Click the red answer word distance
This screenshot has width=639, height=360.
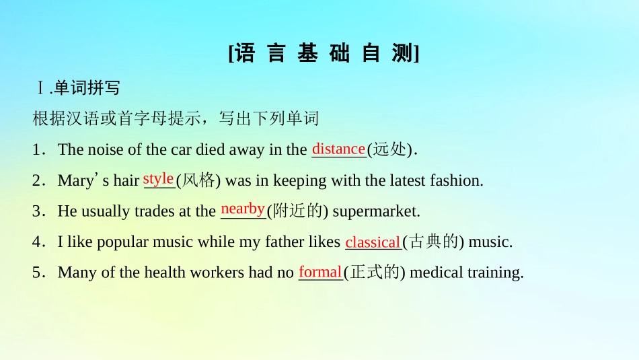pyautogui.click(x=338, y=148)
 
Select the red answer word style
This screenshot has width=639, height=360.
pyautogui.click(x=159, y=178)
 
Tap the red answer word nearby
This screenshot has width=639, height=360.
pyautogui.click(x=243, y=209)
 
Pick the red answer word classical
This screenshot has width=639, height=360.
pyautogui.click(x=373, y=242)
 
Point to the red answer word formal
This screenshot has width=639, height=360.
pyautogui.click(x=320, y=272)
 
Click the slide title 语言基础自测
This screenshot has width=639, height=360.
pyautogui.click(x=324, y=53)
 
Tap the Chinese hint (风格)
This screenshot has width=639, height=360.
pyautogui.click(x=199, y=180)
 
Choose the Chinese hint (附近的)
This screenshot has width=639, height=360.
pyautogui.click(x=297, y=211)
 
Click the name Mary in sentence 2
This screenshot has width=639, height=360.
pyautogui.click(x=74, y=180)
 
